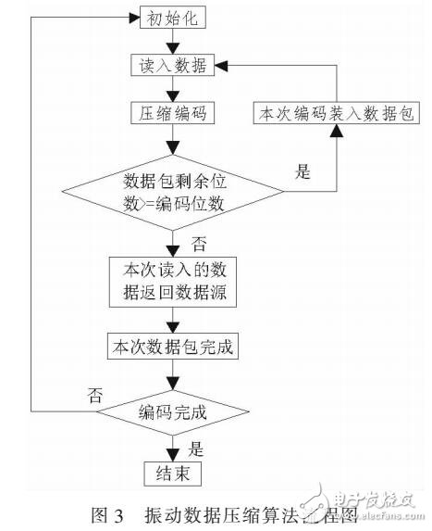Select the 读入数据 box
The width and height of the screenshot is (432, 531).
coord(173,66)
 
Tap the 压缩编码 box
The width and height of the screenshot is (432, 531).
coord(173,113)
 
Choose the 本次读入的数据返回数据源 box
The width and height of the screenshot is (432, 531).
coord(173,284)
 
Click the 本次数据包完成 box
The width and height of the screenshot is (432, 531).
coord(173,348)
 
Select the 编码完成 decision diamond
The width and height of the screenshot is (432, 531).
coord(173,411)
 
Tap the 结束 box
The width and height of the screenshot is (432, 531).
coord(173,474)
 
